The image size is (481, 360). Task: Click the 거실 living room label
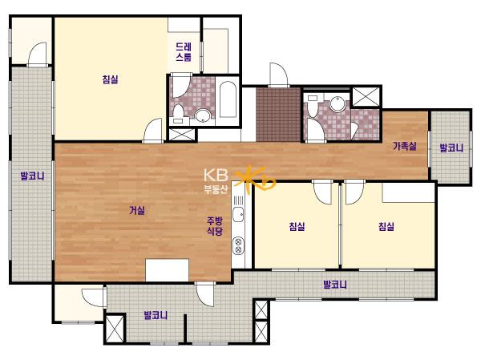click(x=137, y=211)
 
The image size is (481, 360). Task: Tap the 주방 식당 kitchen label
click(x=214, y=225)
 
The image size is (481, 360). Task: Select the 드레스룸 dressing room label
click(x=184, y=52)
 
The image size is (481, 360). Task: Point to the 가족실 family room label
click(x=405, y=146)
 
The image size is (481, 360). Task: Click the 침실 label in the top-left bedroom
click(x=110, y=79)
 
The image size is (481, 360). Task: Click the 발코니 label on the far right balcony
click(x=451, y=148)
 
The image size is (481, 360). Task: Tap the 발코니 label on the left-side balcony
click(x=32, y=176)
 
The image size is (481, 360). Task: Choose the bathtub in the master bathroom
click(x=228, y=99)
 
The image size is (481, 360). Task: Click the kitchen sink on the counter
click(x=238, y=214)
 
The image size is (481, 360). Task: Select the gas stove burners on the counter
click(x=238, y=245)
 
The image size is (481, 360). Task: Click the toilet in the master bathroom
click(x=178, y=114)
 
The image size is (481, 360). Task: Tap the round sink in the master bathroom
click(x=203, y=116)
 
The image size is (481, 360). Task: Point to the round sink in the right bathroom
click(x=338, y=103)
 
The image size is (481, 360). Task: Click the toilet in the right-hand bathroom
click(x=313, y=107)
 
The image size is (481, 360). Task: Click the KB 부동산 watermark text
click(x=216, y=181)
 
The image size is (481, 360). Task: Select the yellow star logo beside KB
click(x=255, y=179)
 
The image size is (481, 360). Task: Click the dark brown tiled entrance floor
click(x=278, y=115)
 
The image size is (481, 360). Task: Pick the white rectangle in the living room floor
click(x=168, y=270)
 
